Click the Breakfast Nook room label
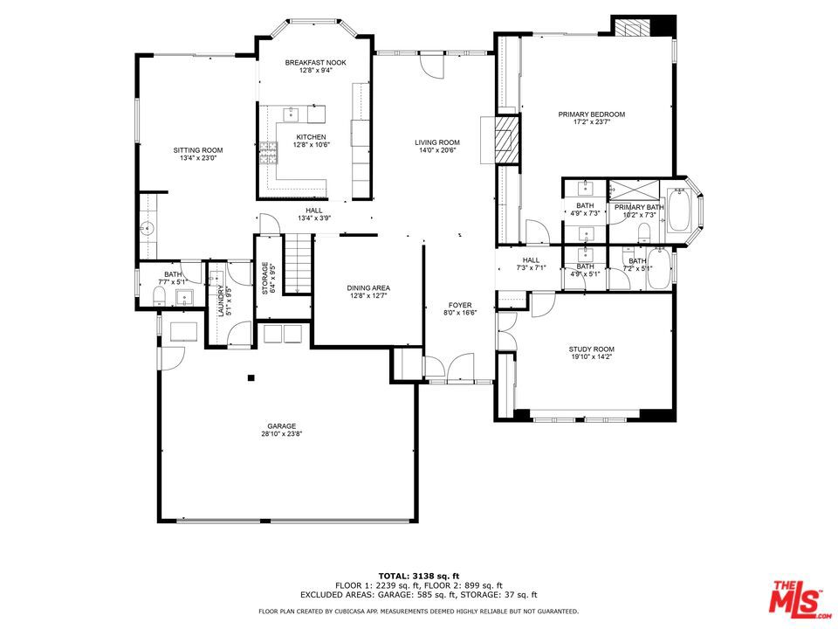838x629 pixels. [315, 63]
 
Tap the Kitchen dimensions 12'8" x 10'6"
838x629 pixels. [312, 144]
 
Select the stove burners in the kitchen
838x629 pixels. [268, 153]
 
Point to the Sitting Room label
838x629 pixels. [198, 150]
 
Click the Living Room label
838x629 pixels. [437, 142]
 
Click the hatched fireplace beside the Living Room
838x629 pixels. [505, 140]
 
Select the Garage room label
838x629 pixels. [282, 426]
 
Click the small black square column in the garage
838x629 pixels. [251, 378]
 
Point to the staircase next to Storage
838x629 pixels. [297, 264]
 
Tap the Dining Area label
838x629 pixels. [368, 287]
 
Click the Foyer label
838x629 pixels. [460, 305]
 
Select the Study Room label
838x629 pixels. [591, 349]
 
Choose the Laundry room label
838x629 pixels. [221, 301]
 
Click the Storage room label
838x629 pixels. [264, 278]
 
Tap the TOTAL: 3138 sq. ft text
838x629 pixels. [419, 576]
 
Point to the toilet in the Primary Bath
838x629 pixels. [643, 232]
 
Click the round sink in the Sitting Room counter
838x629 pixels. [147, 229]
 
